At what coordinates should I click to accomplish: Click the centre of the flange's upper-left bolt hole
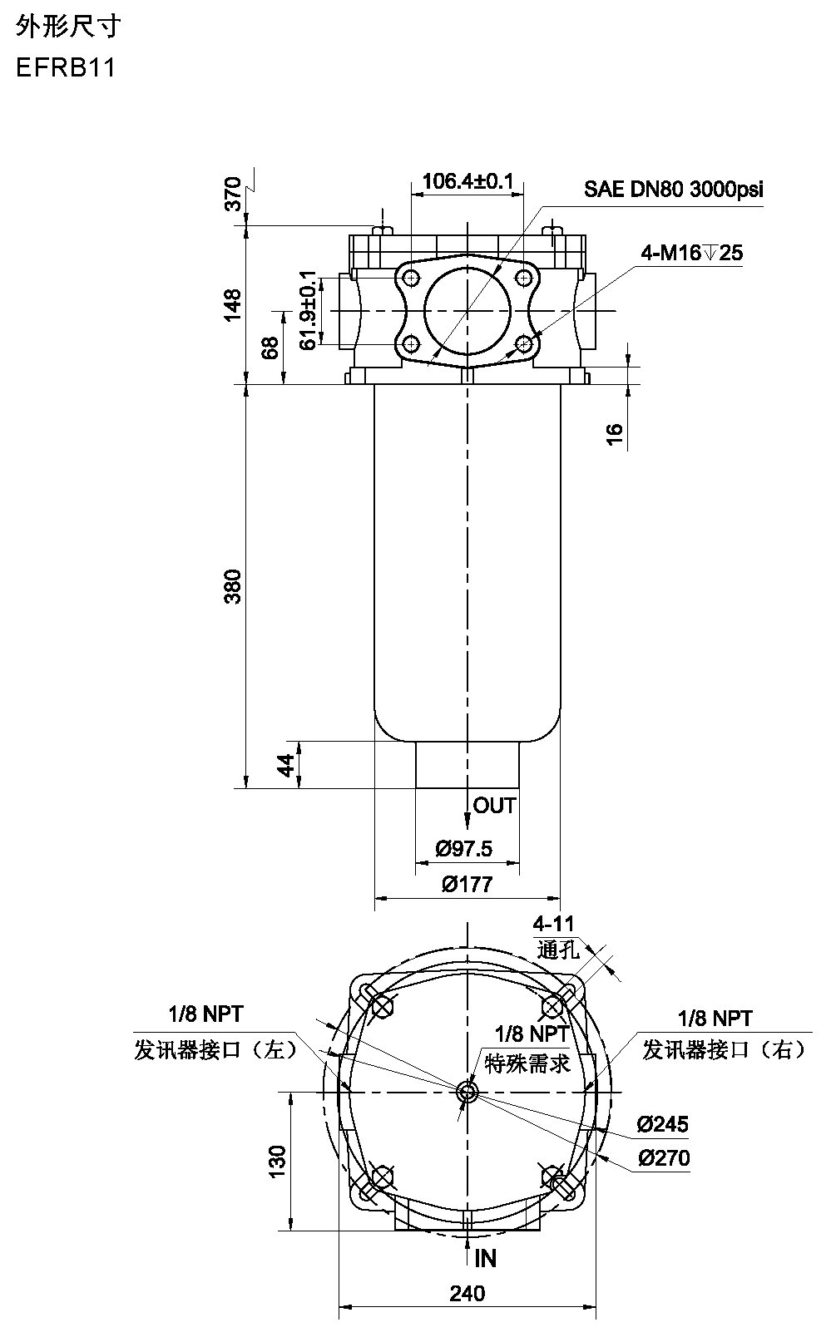[411, 278]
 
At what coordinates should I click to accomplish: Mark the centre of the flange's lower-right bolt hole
[524, 344]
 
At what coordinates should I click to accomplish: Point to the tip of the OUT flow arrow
[467, 830]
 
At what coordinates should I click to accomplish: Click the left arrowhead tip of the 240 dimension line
[339, 1307]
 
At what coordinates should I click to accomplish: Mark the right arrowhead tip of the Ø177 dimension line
[561, 899]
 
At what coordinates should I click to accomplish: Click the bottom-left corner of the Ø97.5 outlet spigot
[416, 788]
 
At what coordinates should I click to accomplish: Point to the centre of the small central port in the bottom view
[467, 1093]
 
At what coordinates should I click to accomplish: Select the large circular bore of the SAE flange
[467, 310]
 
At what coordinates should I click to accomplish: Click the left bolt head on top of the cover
[381, 229]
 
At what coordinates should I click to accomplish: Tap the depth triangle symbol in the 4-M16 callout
[710, 253]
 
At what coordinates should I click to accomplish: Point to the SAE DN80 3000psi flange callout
[674, 190]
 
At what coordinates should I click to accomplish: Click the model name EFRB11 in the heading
[66, 67]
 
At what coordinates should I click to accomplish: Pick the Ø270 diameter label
[664, 1158]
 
